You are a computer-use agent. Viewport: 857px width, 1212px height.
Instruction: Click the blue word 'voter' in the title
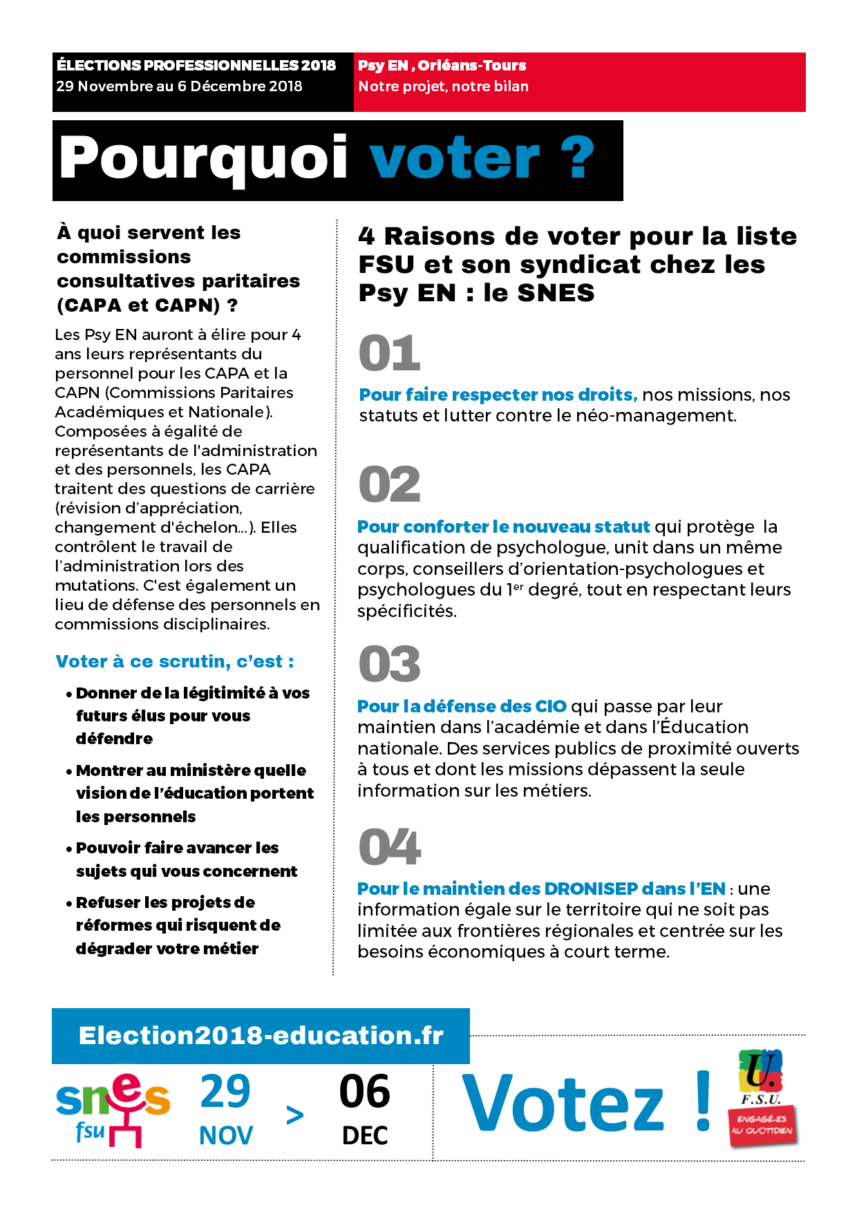454,159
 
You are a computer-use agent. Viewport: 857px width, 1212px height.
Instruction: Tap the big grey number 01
390,353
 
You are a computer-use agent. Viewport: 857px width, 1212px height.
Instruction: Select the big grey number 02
390,484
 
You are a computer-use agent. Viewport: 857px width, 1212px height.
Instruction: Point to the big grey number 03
390,664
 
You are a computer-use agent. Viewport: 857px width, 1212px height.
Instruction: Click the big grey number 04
390,846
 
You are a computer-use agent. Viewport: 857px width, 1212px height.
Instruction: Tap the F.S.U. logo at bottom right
760,1077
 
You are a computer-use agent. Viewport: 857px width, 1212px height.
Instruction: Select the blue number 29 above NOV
225,1092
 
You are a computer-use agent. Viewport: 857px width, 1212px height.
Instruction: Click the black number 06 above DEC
365,1092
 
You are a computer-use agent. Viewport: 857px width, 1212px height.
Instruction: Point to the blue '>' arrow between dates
295,1115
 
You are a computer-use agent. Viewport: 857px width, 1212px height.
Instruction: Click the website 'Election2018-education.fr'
261,1036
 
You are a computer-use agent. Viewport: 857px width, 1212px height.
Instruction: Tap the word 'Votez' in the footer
563,1104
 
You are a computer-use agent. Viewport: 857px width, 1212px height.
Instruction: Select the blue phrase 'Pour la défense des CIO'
462,706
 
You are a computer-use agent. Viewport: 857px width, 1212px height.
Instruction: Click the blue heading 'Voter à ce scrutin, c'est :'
175,661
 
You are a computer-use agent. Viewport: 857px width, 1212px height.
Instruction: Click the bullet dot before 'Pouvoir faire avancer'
69,849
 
